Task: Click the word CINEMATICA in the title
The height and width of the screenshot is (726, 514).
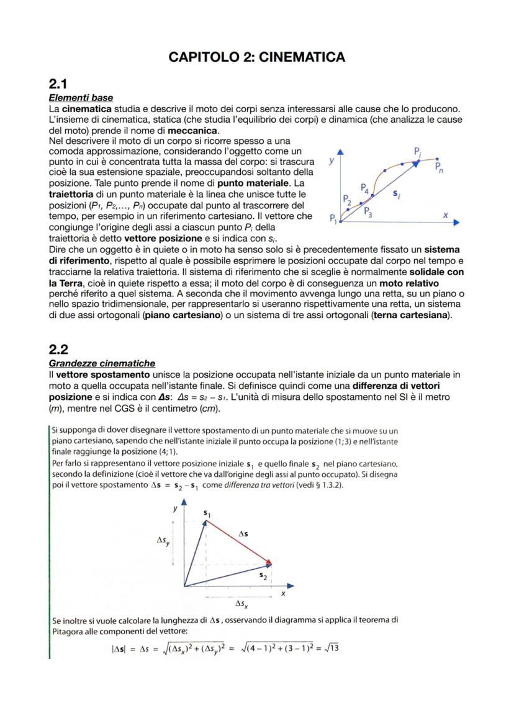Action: [301, 57]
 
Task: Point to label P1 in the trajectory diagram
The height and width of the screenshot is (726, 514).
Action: [334, 218]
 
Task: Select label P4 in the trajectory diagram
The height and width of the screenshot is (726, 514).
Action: [365, 187]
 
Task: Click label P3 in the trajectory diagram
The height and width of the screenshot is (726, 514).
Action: [367, 211]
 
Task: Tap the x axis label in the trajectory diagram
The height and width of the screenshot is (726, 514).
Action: [445, 214]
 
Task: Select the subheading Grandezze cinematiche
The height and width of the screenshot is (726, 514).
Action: [102, 363]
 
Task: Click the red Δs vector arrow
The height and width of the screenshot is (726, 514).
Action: [238, 542]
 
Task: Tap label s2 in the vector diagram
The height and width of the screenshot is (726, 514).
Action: [263, 575]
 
